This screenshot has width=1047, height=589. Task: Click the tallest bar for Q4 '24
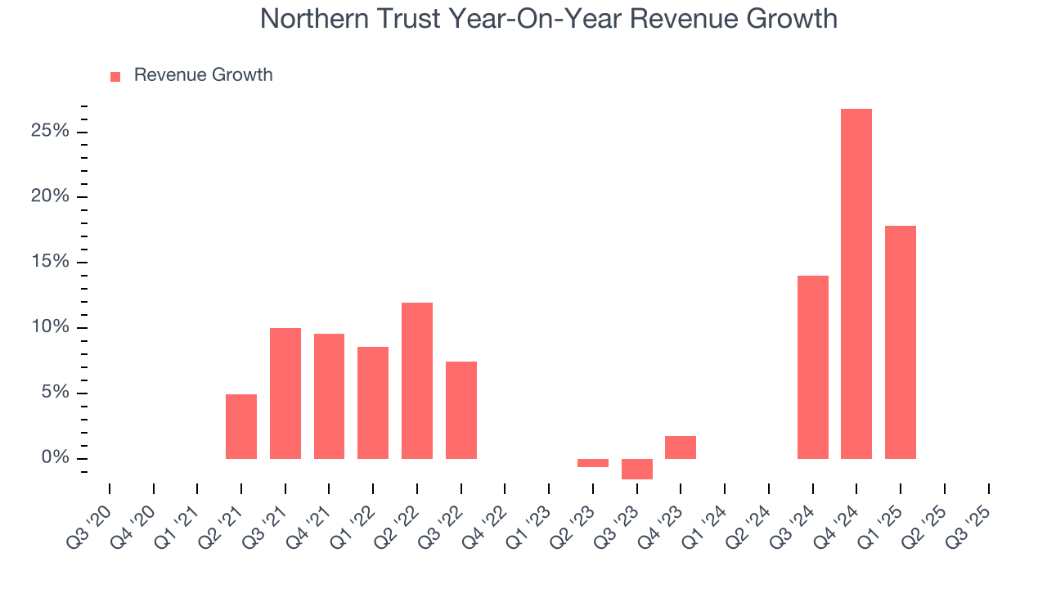(x=856, y=284)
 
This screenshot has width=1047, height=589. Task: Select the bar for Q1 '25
(x=901, y=342)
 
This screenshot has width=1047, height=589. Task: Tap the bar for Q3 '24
(x=813, y=367)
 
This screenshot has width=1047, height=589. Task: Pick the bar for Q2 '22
(x=417, y=380)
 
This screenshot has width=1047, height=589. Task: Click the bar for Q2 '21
(x=241, y=426)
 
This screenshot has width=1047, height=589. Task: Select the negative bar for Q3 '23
(x=637, y=469)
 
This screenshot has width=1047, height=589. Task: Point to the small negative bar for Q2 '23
(x=593, y=463)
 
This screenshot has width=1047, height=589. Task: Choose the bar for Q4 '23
(x=681, y=447)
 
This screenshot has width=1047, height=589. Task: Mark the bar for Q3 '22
(x=461, y=410)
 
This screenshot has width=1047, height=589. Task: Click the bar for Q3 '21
(x=285, y=393)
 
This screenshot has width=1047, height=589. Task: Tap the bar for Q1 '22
(x=373, y=402)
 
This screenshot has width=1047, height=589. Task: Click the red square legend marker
(x=115, y=76)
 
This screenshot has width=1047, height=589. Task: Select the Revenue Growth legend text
(x=203, y=75)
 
